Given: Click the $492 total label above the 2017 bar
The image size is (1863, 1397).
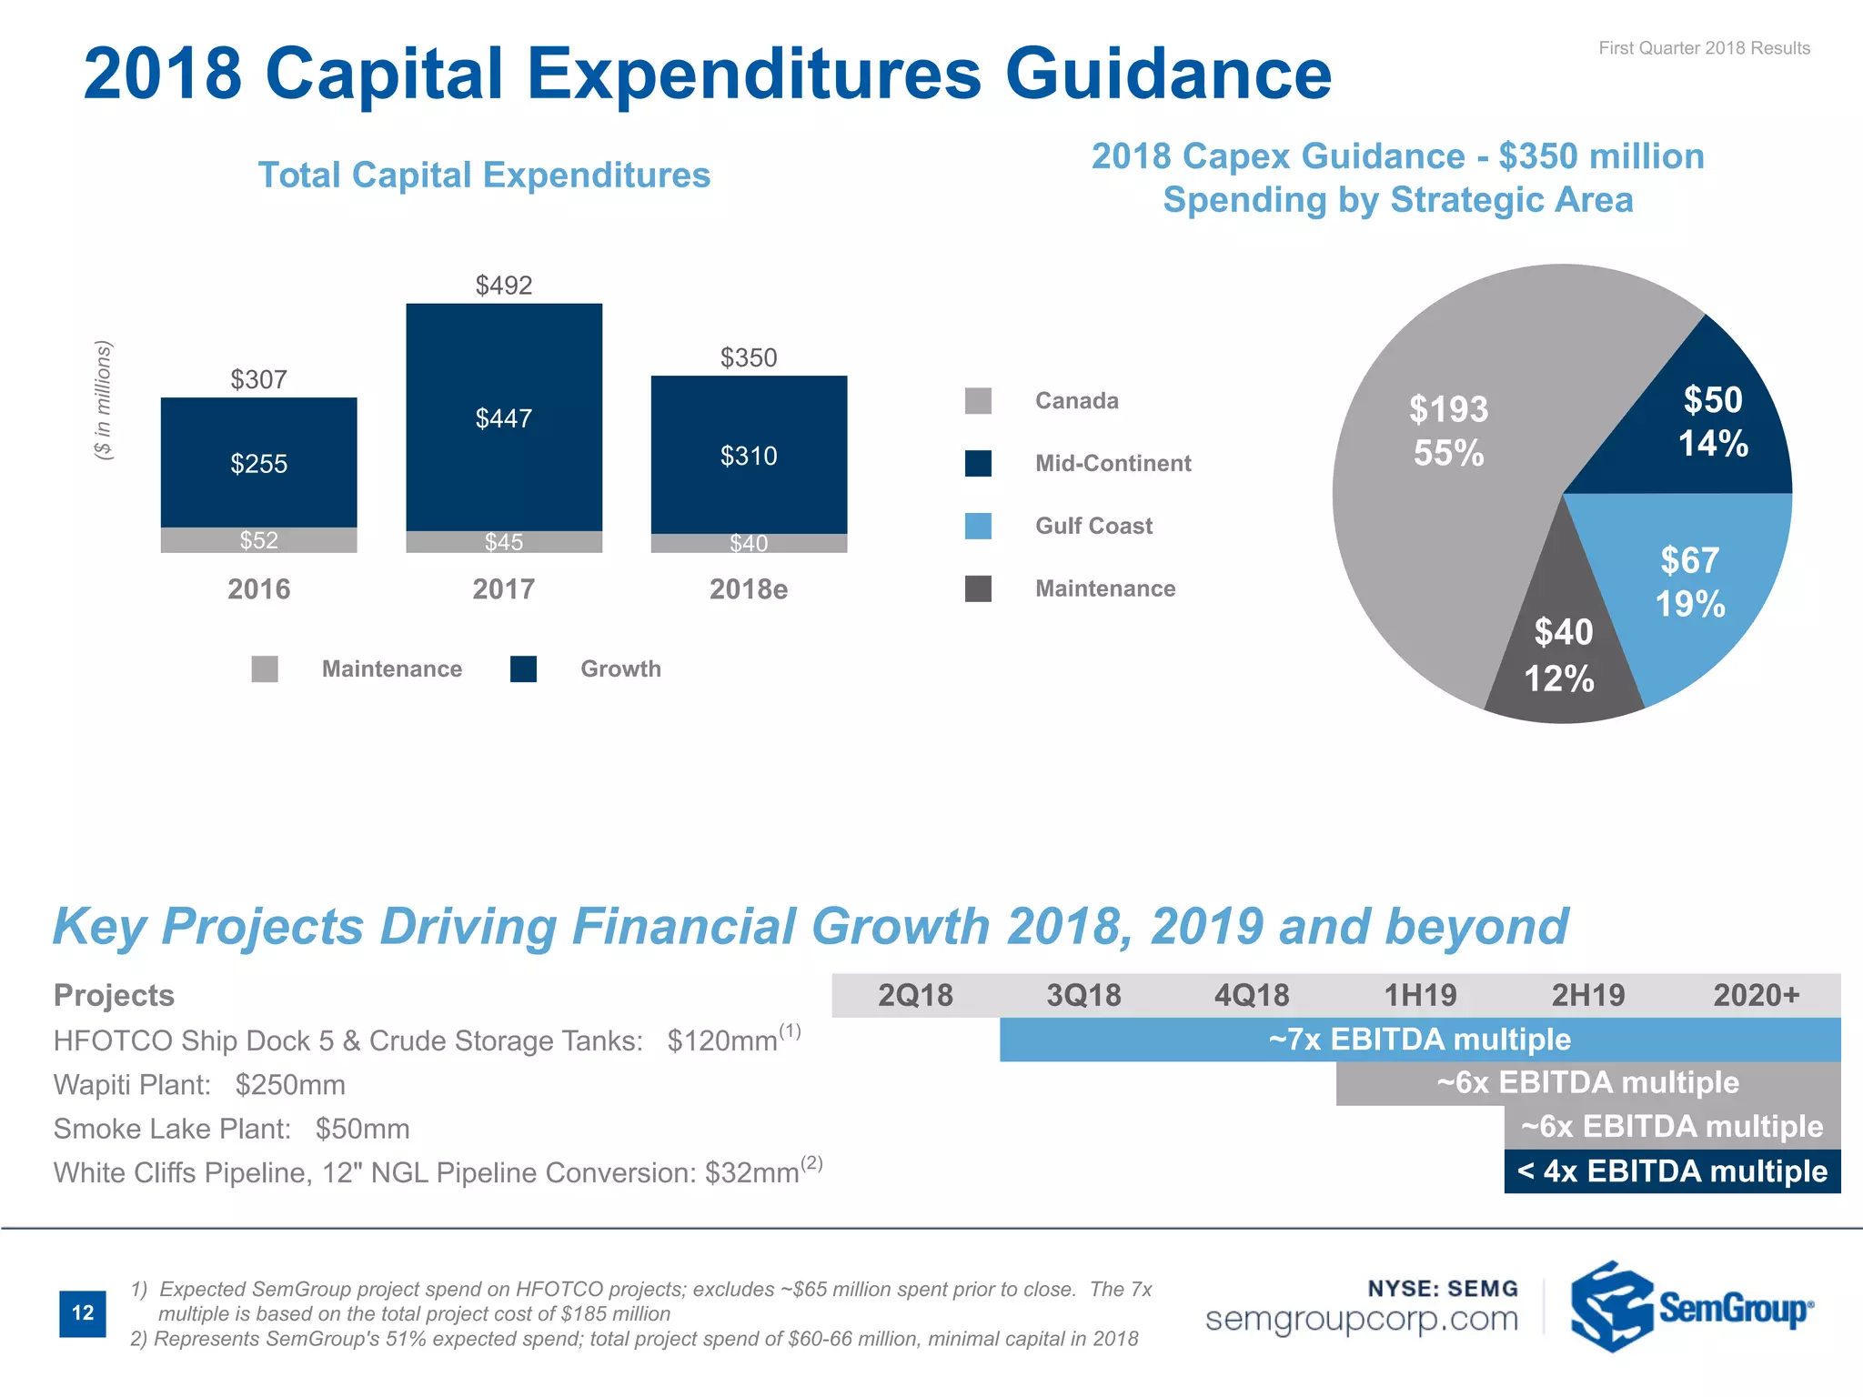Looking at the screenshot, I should [503, 286].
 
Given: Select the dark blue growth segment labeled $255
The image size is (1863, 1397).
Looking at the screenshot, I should [258, 463].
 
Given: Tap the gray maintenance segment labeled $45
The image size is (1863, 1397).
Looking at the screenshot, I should [503, 542].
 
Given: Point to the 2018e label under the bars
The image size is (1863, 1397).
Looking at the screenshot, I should [748, 589].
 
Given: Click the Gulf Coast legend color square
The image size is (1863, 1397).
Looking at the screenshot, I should [978, 526].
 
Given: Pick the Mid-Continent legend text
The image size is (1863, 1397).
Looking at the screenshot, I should [1113, 463].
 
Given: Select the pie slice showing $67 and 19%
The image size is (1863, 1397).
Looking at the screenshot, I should [1689, 582].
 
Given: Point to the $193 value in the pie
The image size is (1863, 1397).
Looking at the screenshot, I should [1448, 409].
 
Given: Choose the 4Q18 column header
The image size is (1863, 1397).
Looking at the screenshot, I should [1252, 995].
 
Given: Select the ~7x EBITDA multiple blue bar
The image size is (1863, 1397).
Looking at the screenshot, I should [1419, 1039].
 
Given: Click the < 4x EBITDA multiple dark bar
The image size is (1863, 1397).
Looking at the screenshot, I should [1672, 1171].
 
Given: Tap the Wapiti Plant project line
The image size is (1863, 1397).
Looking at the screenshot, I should [199, 1084].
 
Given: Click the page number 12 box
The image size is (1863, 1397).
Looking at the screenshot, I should [83, 1312].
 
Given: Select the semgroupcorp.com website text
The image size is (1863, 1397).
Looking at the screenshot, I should [1361, 1319].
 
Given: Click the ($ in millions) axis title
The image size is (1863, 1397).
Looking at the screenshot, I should [105, 400].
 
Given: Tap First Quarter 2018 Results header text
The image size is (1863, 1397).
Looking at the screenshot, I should [1704, 48].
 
